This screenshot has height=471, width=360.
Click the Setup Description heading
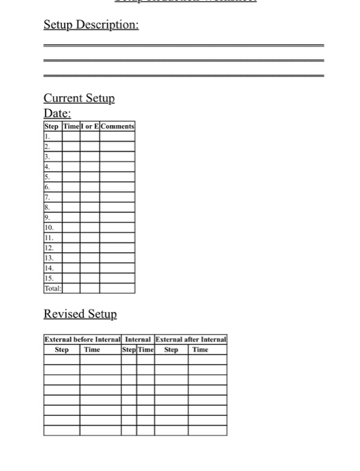[x=92, y=25]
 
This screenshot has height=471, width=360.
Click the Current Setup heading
[x=79, y=98]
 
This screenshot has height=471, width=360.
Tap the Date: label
[x=57, y=113]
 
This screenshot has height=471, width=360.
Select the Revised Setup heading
[x=80, y=314]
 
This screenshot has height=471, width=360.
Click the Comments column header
[x=117, y=126]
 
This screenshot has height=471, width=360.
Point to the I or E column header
[x=90, y=126]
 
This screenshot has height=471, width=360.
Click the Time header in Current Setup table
[x=71, y=126]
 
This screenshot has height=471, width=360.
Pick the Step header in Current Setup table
[x=52, y=126]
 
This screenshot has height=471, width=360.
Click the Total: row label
[x=52, y=288]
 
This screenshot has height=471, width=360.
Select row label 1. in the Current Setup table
[x=47, y=136]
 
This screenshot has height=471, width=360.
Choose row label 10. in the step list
[x=48, y=228]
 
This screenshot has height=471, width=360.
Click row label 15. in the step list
[x=48, y=278]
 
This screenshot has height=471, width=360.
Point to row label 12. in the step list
[x=48, y=248]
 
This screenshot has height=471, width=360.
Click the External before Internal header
[x=82, y=340]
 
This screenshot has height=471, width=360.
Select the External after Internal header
[x=191, y=340]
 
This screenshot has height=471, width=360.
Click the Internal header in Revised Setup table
[x=138, y=340]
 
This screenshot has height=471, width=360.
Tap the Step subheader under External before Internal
[x=62, y=349]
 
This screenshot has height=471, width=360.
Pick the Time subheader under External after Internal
[x=201, y=349]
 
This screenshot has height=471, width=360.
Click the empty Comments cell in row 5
[x=117, y=176]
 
